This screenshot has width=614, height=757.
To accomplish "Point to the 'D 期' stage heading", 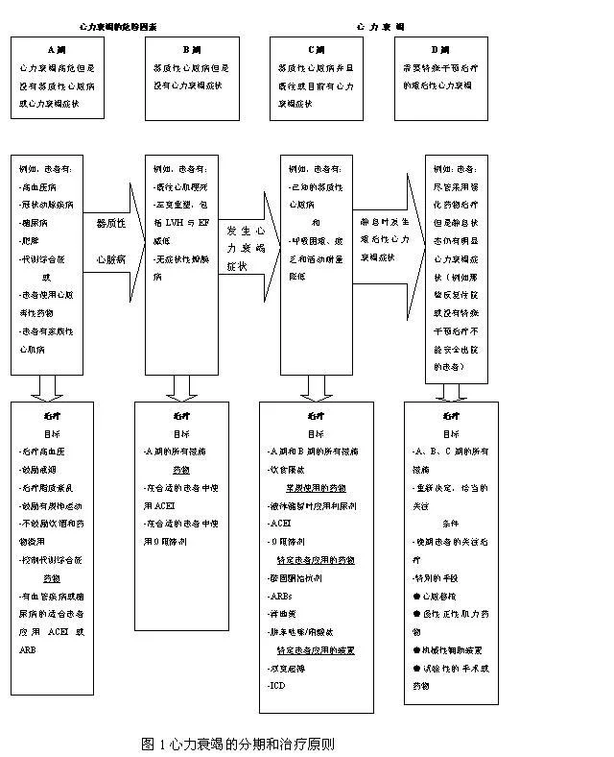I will pos(441,48).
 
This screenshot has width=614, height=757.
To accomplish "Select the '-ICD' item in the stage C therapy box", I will pos(278,685).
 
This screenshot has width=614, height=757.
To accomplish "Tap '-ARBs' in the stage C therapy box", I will pos(281,596).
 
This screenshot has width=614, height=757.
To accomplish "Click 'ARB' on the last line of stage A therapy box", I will pos(30,650).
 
